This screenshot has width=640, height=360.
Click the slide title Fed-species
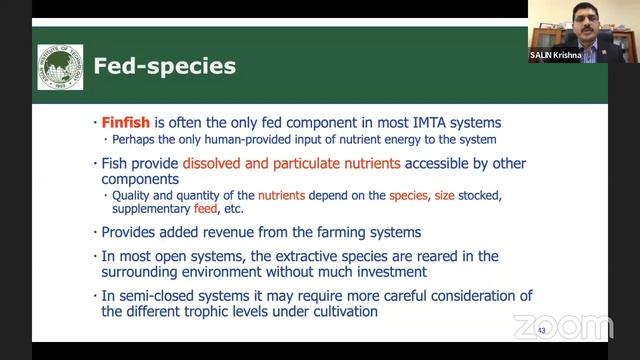point(164,67)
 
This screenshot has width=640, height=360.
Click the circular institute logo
point(60,67)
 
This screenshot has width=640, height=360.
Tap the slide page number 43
point(541,331)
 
